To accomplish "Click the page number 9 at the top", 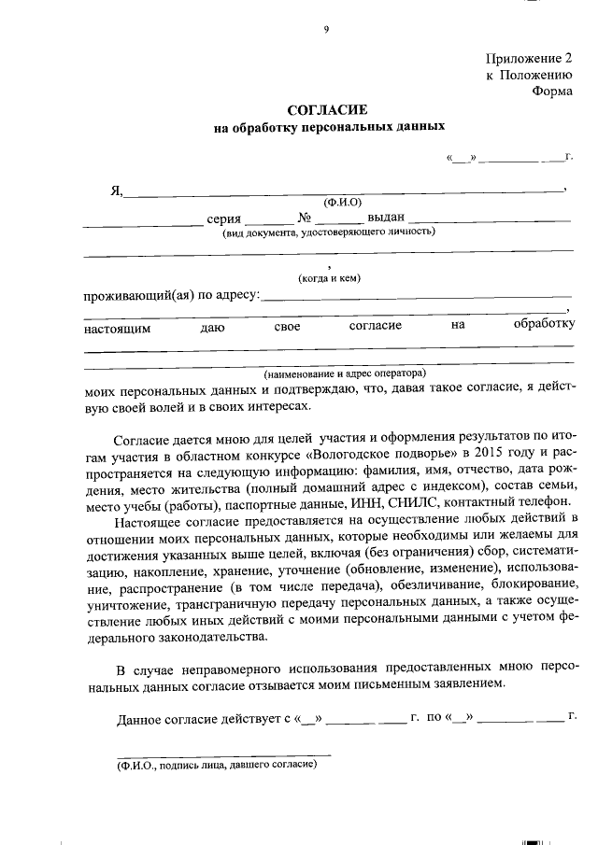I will [326, 29].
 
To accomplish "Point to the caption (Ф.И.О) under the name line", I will [342, 202].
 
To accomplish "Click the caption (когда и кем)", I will [329, 278].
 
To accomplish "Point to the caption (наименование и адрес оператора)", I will [344, 373].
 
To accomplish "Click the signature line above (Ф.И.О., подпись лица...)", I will [222, 753].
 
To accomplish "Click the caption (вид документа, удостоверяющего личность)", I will [328, 232].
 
